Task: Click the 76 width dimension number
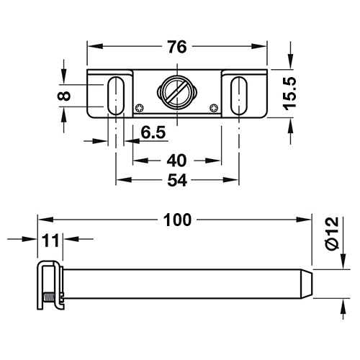tap(177, 47)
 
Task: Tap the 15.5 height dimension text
tap(289, 94)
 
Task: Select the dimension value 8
tap(64, 96)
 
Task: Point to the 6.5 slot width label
tap(153, 132)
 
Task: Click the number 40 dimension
tap(176, 161)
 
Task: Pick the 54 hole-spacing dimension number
tap(177, 180)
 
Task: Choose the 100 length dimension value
tap(177, 220)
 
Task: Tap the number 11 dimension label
tap(50, 240)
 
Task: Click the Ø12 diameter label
tap(333, 233)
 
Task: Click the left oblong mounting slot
tap(116, 95)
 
